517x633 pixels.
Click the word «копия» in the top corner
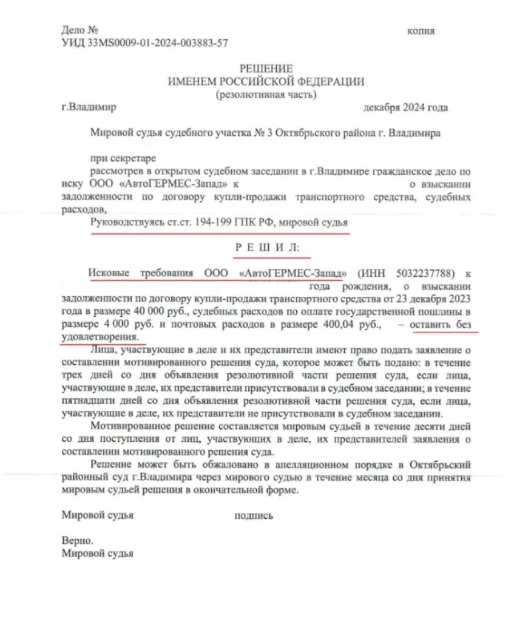coord(421,31)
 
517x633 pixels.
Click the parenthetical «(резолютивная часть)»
coord(266,94)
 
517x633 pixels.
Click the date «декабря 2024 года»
coord(405,108)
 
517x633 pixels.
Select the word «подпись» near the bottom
coord(253,516)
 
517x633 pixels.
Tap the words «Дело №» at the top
coord(80,30)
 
